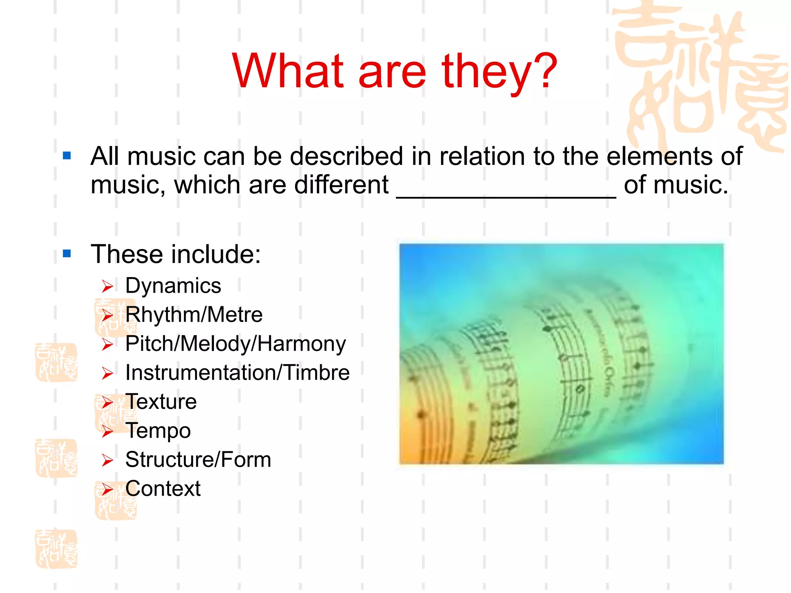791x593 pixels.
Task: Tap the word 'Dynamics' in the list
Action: [173, 286]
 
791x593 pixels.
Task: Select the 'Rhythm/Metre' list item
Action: [194, 315]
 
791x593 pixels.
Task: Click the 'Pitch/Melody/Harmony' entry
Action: [236, 344]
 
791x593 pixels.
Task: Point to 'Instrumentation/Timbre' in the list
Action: [238, 373]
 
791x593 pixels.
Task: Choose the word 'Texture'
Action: [161, 402]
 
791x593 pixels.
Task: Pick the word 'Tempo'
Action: [158, 431]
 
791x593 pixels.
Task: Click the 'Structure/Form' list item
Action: [198, 460]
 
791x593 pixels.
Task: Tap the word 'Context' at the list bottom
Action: [163, 489]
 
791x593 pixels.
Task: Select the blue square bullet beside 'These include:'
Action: [67, 254]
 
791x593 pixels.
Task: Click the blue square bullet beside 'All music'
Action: [67, 156]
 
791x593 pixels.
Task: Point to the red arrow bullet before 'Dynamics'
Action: [107, 286]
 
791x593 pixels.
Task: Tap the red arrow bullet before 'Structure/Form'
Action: [107, 460]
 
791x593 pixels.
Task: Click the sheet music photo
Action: [561, 353]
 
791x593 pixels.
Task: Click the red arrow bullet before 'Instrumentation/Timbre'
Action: [107, 373]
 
